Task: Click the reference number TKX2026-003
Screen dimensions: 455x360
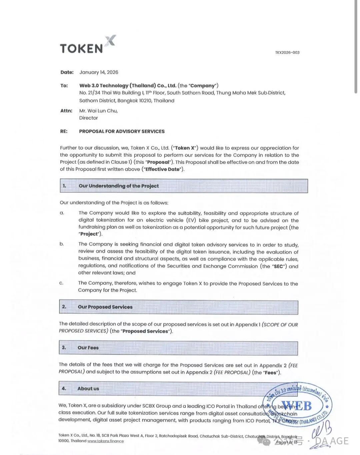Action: (287, 52)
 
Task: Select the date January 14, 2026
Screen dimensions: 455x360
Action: (99, 72)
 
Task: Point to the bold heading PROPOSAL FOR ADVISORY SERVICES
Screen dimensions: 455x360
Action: (122, 131)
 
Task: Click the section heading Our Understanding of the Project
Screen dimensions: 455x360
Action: (119, 186)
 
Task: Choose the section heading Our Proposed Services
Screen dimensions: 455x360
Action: (105, 307)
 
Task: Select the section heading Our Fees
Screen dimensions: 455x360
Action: (88, 348)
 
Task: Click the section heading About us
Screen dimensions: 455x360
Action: (88, 389)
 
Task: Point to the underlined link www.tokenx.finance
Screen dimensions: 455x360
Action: (105, 441)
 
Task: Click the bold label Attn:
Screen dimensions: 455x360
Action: (66, 111)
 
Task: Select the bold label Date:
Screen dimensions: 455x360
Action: (67, 72)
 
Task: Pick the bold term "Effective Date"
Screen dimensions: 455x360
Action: (163, 169)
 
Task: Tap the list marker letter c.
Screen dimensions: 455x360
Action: (61, 283)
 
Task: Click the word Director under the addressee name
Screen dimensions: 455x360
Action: (88, 118)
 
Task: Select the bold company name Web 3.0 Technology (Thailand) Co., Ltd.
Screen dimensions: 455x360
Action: (128, 86)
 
